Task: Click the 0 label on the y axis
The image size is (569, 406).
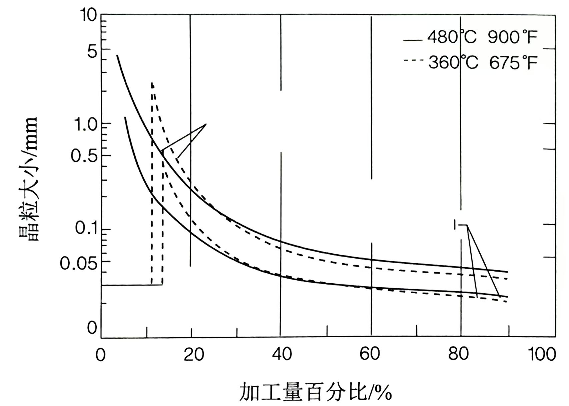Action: (x=92, y=329)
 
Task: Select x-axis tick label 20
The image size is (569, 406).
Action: (x=194, y=354)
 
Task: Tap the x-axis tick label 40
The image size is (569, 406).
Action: (x=282, y=354)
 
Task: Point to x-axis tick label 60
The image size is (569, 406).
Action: (x=370, y=354)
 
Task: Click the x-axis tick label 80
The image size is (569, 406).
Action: (x=459, y=354)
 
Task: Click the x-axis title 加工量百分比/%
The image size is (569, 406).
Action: (x=316, y=392)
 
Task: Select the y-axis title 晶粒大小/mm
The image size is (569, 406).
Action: (x=28, y=178)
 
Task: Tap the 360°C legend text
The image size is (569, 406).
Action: (x=453, y=62)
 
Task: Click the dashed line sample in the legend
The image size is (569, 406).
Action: (x=413, y=61)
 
